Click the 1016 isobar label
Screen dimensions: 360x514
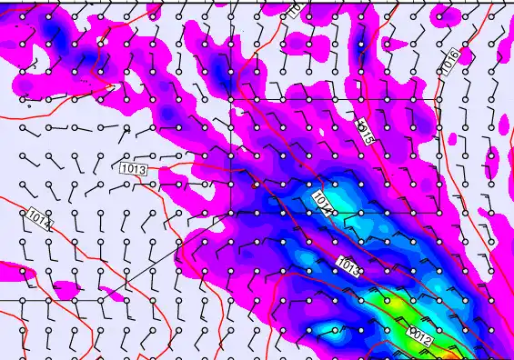point(451,61)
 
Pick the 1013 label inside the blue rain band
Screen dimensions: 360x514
point(348,265)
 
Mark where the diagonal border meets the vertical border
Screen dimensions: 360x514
point(231,213)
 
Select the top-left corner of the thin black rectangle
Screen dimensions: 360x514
point(231,97)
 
